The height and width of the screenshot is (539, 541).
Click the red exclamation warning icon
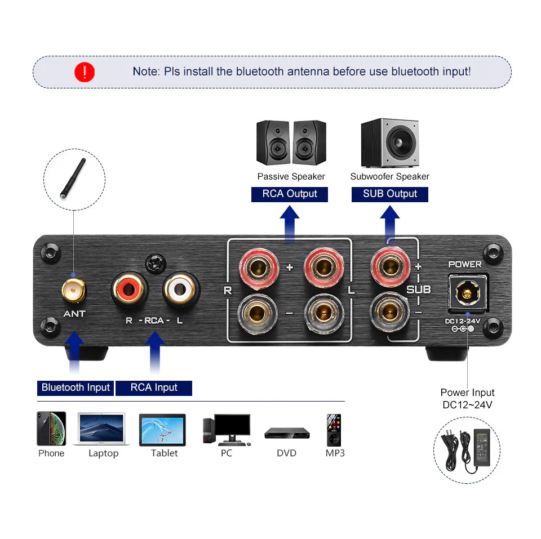(85, 72)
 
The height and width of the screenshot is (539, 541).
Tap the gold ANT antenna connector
(73, 291)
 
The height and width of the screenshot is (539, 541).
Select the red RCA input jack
(129, 289)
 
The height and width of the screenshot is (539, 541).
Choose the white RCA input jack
(181, 289)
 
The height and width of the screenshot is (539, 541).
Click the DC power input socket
(468, 293)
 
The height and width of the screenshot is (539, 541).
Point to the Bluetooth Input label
(76, 388)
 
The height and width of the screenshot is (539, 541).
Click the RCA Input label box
(154, 388)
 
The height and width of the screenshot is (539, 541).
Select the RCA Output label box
(290, 194)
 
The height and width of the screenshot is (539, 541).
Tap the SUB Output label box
(390, 194)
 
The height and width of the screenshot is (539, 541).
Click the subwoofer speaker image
(390, 142)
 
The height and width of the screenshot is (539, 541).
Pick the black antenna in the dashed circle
(73, 179)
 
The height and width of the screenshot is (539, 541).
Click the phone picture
(51, 428)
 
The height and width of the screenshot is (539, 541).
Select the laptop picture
(102, 429)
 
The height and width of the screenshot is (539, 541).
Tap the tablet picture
(162, 430)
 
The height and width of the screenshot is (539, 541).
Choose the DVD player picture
(287, 433)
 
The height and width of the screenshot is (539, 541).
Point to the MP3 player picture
(334, 430)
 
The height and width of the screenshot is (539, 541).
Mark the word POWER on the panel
(465, 265)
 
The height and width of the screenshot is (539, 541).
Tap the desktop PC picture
(227, 430)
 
